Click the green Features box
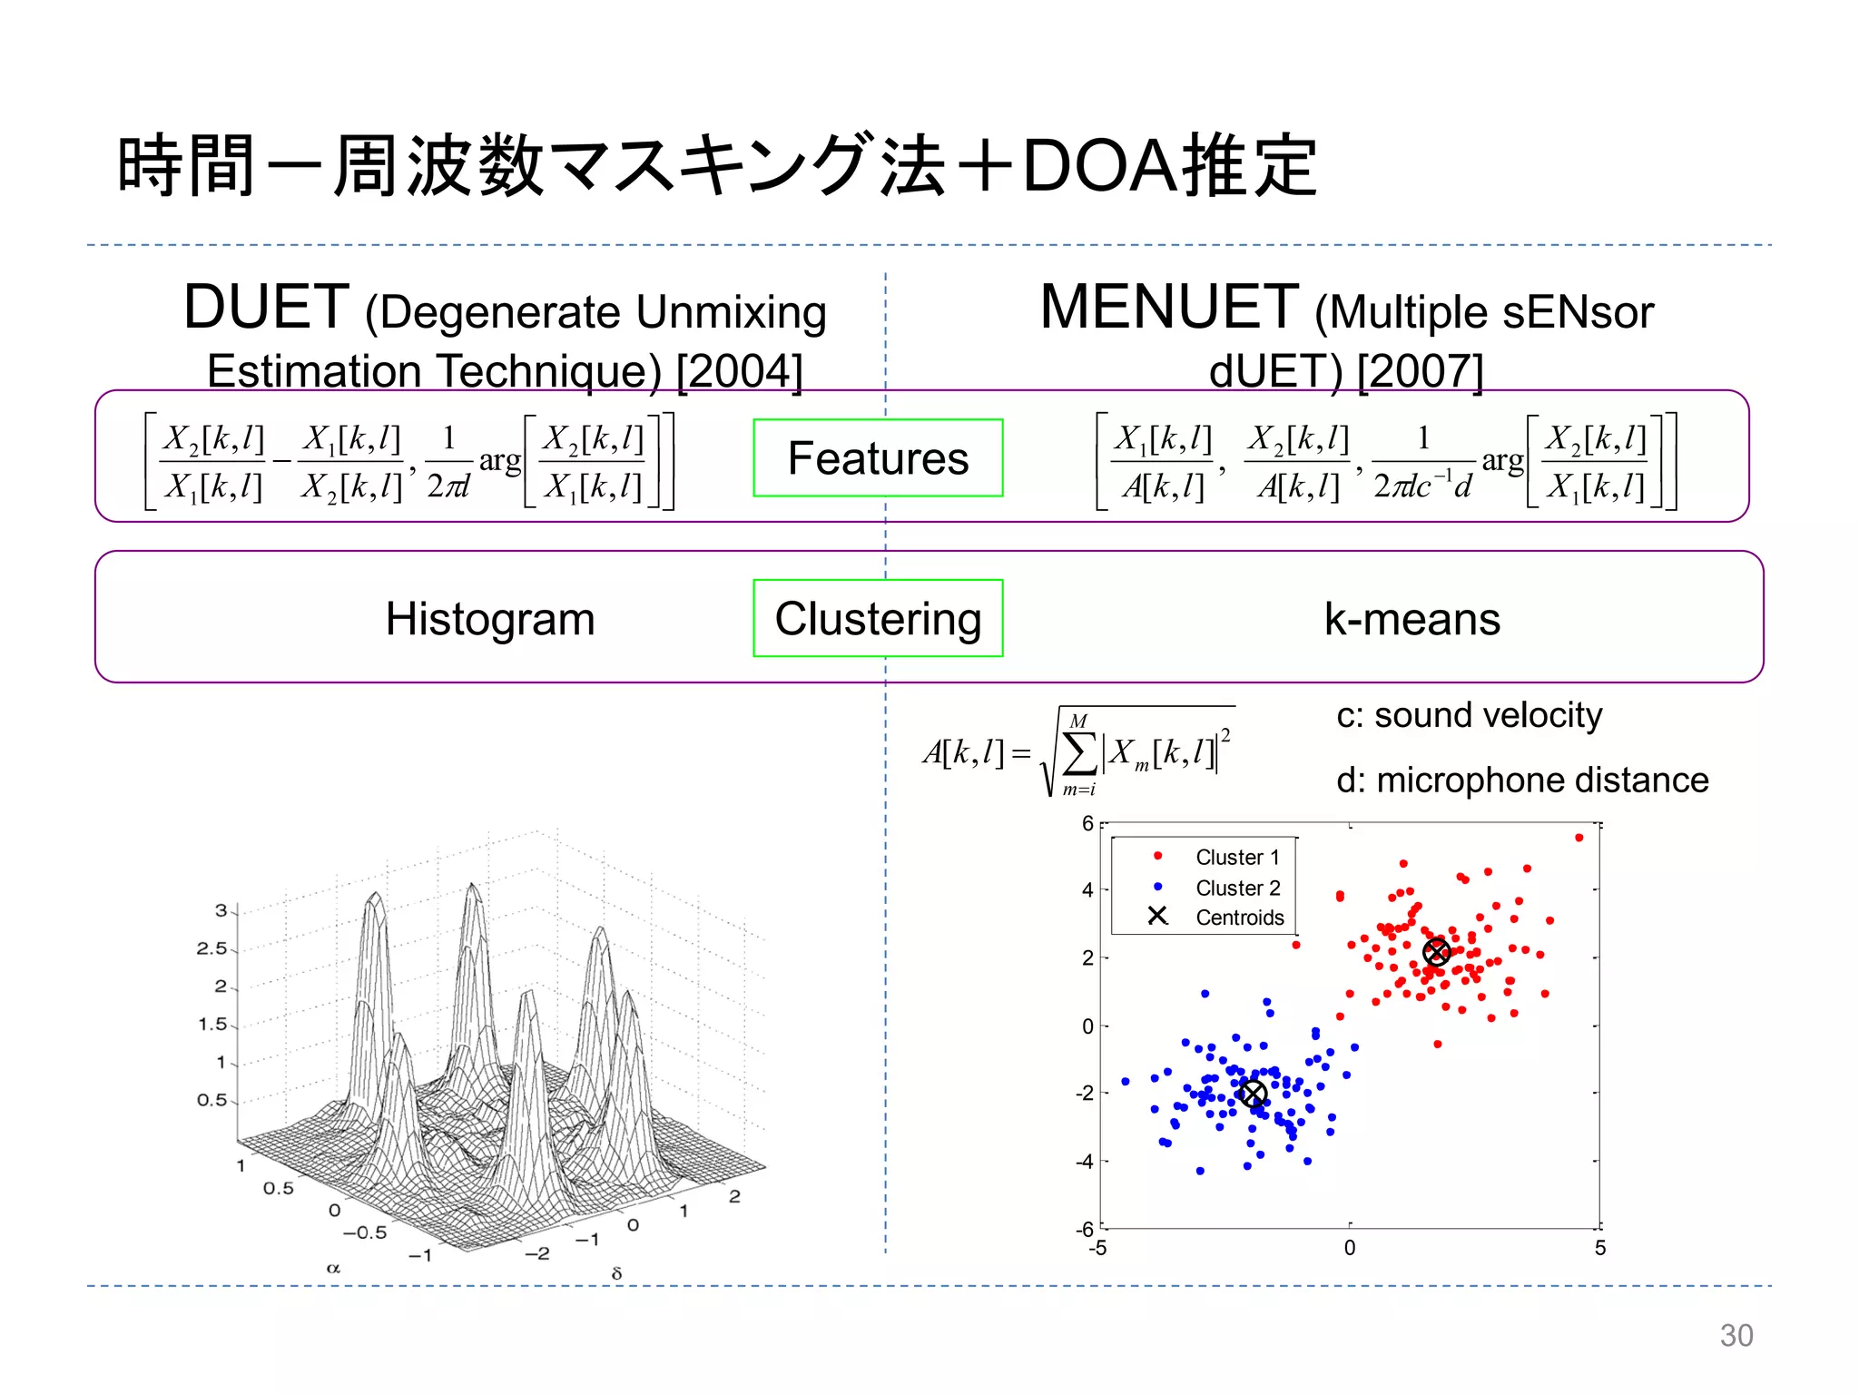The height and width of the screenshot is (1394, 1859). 878,458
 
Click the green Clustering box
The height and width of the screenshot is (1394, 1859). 878,618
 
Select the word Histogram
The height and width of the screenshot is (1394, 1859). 490,619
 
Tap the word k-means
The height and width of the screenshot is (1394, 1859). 1411,619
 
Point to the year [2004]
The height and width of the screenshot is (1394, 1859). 740,371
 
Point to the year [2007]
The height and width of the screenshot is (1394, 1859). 1421,371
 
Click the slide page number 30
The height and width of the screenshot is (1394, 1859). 1736,1335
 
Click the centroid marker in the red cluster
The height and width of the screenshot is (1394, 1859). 1436,952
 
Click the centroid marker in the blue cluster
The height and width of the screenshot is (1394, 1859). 1253,1094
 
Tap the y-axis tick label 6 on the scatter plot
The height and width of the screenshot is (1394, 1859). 1087,824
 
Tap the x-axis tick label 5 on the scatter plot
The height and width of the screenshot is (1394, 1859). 1600,1248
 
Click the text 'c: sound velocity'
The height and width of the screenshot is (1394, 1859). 1469,715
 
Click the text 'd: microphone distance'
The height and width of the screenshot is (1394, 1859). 1522,780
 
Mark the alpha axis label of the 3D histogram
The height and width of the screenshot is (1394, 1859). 333,1268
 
